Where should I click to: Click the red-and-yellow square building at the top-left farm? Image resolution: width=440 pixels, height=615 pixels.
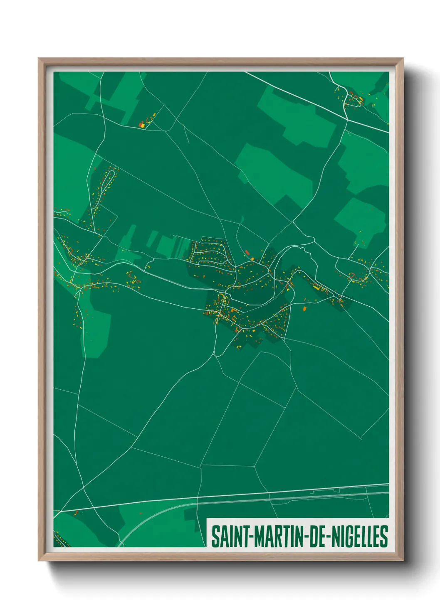142,124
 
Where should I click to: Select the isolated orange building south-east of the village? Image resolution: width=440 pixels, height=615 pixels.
304,308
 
